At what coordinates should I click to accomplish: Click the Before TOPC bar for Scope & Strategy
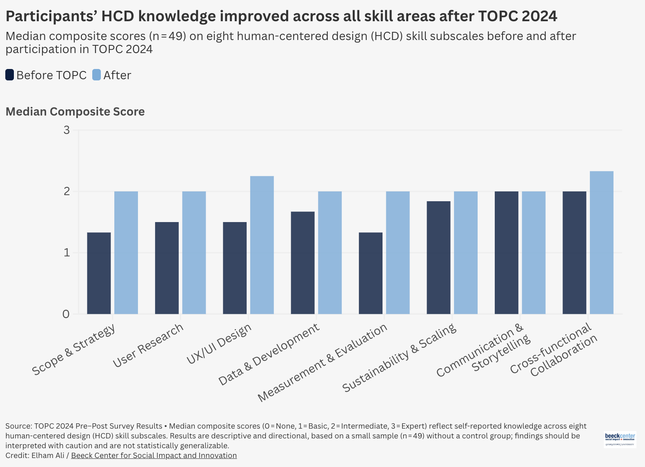(99, 273)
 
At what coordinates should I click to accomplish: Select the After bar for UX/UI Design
(262, 245)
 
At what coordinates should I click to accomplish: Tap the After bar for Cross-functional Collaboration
(601, 242)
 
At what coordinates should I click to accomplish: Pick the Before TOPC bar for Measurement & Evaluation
(371, 273)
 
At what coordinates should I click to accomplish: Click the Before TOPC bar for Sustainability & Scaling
(438, 258)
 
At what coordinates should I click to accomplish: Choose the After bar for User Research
(194, 253)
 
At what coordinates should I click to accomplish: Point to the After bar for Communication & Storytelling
(534, 253)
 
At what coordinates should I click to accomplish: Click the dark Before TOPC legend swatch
(10, 75)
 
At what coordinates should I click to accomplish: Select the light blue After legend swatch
(96, 75)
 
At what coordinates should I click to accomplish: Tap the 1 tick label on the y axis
(67, 253)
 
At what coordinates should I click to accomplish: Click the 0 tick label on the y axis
(66, 314)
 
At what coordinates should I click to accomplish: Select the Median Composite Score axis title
(75, 111)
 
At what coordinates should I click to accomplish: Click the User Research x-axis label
(148, 345)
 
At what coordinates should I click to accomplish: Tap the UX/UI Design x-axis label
(219, 344)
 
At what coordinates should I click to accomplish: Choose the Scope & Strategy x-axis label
(74, 349)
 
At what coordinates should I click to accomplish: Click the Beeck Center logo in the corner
(620, 439)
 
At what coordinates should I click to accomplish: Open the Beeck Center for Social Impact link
(154, 456)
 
